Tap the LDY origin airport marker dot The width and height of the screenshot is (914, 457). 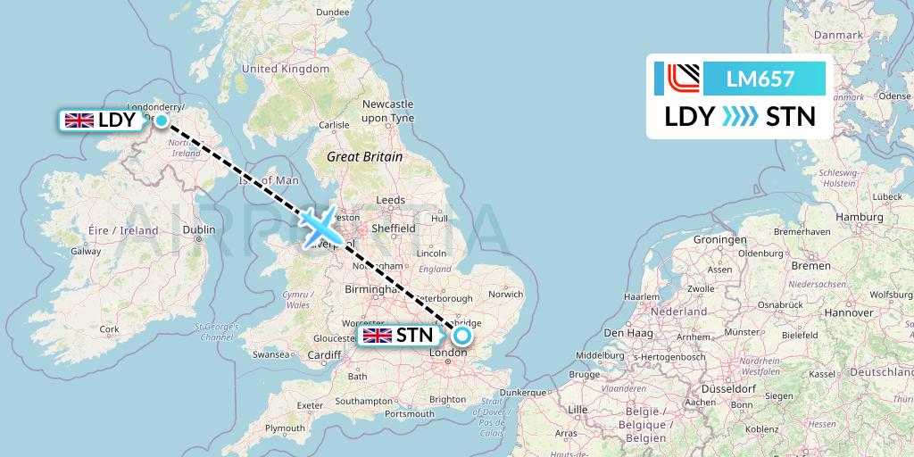(x=162, y=120)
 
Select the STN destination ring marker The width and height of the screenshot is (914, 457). (x=461, y=336)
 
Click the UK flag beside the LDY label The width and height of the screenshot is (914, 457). (x=79, y=120)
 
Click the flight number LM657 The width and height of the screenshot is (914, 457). (x=761, y=79)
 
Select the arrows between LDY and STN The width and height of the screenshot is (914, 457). (x=739, y=117)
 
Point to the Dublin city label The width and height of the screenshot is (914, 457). (x=198, y=229)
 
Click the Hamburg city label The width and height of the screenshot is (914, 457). (x=860, y=217)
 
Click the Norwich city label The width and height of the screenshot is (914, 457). (x=505, y=293)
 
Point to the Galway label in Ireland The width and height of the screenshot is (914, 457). (x=86, y=251)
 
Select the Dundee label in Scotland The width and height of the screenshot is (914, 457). (x=332, y=12)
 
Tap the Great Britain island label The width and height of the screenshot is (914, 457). (x=364, y=156)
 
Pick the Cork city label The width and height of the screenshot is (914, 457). (x=109, y=329)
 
